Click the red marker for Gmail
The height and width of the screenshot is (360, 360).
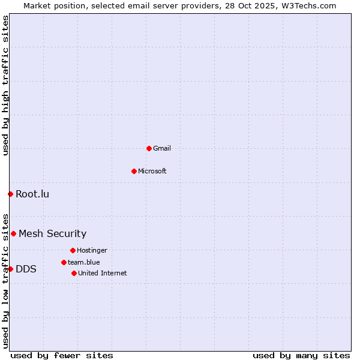[x=149, y=148]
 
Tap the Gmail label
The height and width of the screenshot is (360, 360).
[x=162, y=148]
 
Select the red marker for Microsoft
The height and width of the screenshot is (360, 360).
[x=134, y=171]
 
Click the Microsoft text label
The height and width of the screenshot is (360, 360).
[x=152, y=171]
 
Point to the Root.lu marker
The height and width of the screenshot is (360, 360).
[x=10, y=194]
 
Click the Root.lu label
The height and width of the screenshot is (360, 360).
[x=32, y=194]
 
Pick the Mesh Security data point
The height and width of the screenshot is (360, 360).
[x=13, y=233]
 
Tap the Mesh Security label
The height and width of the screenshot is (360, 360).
[x=52, y=233]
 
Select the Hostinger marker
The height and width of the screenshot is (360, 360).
[x=73, y=250]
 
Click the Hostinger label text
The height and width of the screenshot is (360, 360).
[x=92, y=250]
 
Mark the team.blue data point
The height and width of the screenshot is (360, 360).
[x=64, y=262]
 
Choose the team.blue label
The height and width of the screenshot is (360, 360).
[x=84, y=262]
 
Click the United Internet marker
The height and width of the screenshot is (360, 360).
[x=74, y=273]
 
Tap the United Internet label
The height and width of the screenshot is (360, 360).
[x=103, y=273]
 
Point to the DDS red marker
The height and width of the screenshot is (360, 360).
[x=10, y=269]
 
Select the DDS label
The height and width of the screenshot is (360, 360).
[x=26, y=269]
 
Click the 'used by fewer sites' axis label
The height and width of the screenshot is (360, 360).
[x=62, y=355]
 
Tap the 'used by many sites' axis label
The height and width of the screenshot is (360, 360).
[x=301, y=355]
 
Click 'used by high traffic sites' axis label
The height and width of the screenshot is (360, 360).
[x=5, y=85]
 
